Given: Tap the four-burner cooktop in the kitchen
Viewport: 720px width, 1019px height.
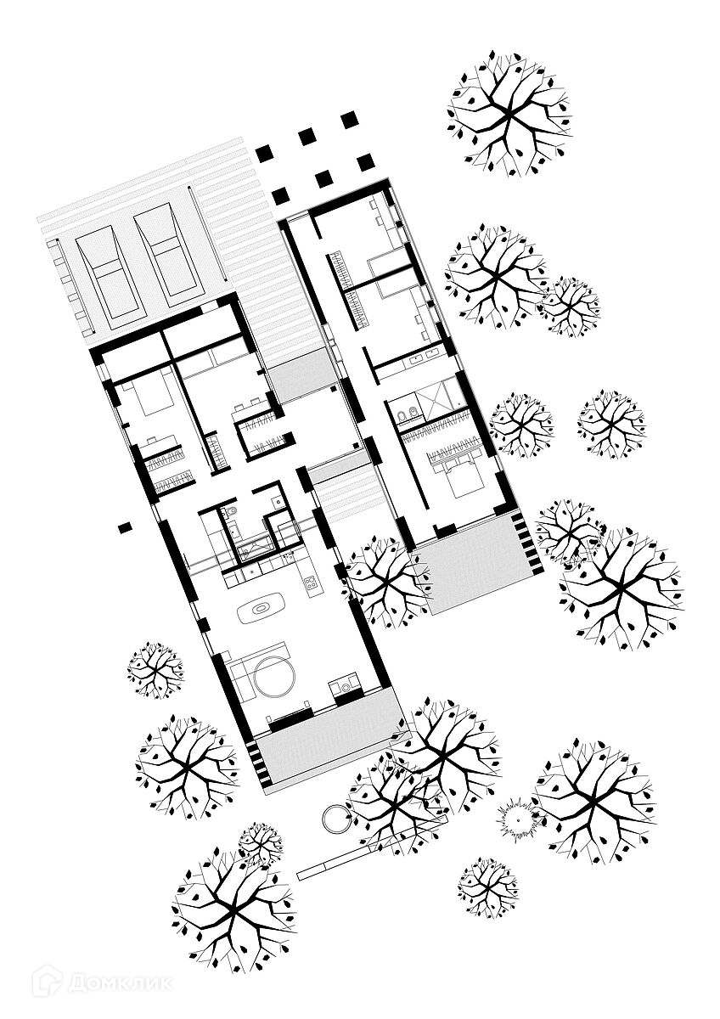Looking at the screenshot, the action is coord(311,583).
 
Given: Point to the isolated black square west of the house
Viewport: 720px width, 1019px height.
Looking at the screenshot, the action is coord(125,526).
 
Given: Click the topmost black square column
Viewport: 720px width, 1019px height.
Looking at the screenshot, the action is coord(349,120).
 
